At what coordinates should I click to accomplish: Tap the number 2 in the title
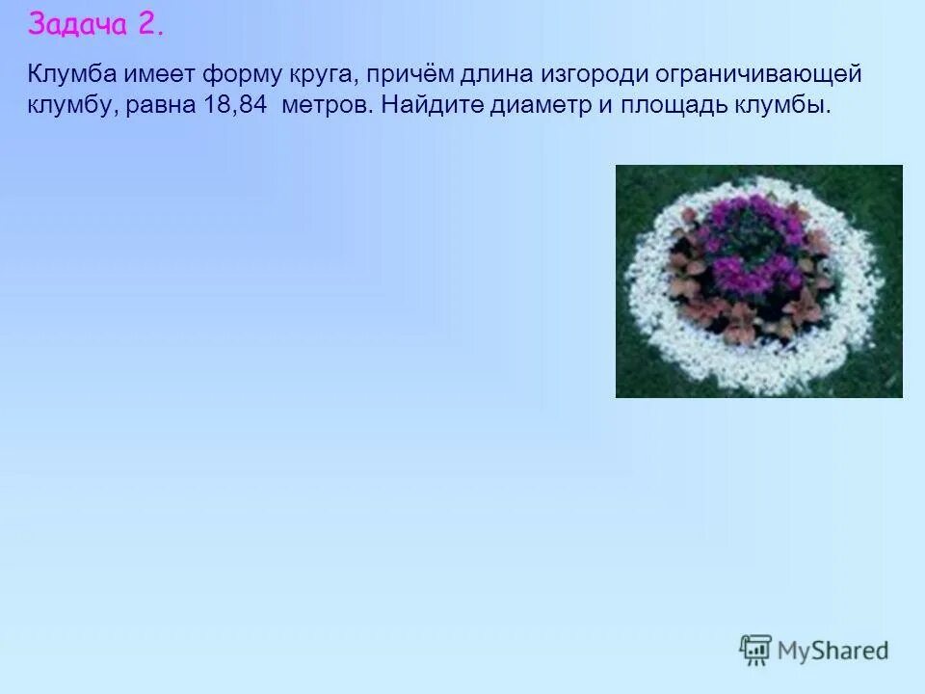[150, 25]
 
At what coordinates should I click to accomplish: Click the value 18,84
[235, 104]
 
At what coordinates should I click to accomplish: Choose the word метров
[326, 104]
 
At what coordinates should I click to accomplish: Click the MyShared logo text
[832, 651]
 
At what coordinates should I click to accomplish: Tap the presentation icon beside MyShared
[755, 650]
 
